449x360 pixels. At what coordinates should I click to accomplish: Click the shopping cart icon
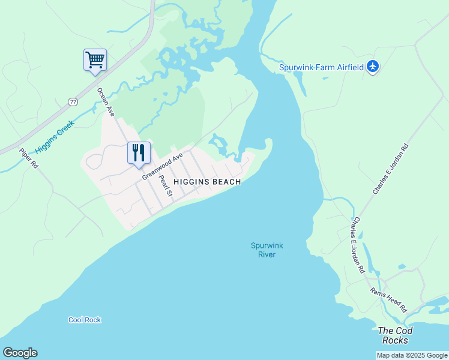pyautogui.click(x=95, y=60)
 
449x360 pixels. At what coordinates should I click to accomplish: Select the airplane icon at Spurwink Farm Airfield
pyautogui.click(x=373, y=66)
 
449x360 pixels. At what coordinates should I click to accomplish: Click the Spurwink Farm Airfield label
pyautogui.click(x=322, y=67)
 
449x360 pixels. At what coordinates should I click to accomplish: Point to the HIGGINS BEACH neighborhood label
pyautogui.click(x=207, y=182)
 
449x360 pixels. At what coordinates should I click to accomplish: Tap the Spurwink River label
pyautogui.click(x=267, y=250)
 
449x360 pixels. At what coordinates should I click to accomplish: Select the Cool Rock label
pyautogui.click(x=85, y=320)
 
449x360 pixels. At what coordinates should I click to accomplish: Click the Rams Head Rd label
pyautogui.click(x=388, y=299)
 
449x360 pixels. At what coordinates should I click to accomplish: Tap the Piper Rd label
pyautogui.click(x=28, y=158)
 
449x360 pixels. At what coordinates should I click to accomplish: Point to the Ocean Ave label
pyautogui.click(x=106, y=102)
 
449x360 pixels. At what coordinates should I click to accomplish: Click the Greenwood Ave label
pyautogui.click(x=162, y=167)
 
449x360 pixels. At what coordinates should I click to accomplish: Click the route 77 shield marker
pyautogui.click(x=73, y=102)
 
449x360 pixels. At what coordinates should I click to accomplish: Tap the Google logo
pyautogui.click(x=20, y=353)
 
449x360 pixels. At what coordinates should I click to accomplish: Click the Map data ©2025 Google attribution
pyautogui.click(x=412, y=355)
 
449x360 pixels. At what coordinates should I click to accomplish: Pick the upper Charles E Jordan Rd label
pyautogui.click(x=390, y=169)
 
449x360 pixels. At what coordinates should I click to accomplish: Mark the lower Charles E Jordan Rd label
pyautogui.click(x=358, y=245)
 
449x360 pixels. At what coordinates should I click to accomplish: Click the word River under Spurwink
pyautogui.click(x=267, y=254)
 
